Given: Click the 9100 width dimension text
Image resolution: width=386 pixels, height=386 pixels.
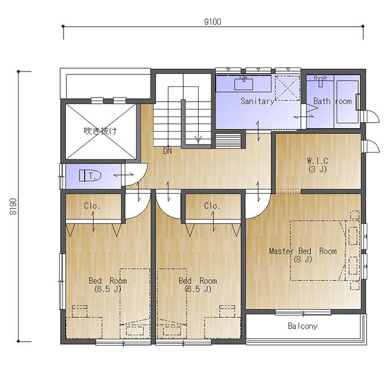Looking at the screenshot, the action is tap(213, 22).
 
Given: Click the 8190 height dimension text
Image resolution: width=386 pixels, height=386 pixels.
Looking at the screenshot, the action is tap(13, 206).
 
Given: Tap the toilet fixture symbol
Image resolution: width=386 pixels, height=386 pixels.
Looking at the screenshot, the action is tap(90, 176).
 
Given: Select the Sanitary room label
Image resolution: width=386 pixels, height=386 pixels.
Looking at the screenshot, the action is tap(257, 101).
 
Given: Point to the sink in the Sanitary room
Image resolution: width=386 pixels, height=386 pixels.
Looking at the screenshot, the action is tap(244, 83).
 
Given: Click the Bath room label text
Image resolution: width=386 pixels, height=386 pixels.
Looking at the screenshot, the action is tap(332, 101).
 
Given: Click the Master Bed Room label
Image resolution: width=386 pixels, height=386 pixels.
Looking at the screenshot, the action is tap(303, 251).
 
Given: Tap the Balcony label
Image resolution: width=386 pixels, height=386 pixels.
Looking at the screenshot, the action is tap(303, 326).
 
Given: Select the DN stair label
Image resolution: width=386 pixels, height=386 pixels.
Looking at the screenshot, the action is tap(167, 151).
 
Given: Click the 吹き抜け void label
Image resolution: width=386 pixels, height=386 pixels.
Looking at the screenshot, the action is tap(100, 131).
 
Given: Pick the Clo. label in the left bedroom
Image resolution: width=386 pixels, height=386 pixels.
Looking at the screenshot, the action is tap(92, 206).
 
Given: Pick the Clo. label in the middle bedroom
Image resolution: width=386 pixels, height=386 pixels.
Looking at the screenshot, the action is tap(212, 206).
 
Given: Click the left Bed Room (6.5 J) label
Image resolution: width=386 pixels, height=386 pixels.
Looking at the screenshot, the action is tap(108, 285).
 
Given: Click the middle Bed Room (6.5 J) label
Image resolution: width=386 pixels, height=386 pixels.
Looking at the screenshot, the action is tap(198, 285).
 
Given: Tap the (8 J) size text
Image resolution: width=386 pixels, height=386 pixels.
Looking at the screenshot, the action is tap(303, 259).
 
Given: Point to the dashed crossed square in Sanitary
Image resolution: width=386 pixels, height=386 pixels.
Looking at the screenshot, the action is tap(287, 88).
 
